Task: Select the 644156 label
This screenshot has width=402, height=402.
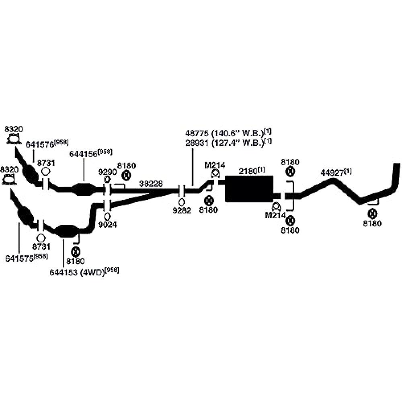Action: pyautogui.click(x=84, y=154)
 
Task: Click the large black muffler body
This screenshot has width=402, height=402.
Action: pyautogui.click(x=249, y=189)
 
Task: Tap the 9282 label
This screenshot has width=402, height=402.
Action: pyautogui.click(x=182, y=210)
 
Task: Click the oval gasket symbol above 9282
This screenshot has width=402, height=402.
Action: pyautogui.click(x=181, y=201)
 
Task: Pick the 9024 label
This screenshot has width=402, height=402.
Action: pyautogui.click(x=107, y=225)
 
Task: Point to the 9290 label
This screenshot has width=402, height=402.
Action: pyautogui.click(x=107, y=172)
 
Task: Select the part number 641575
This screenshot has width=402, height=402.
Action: pyautogui.click(x=19, y=259)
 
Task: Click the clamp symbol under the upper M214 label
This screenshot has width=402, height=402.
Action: pyautogui.click(x=215, y=174)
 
